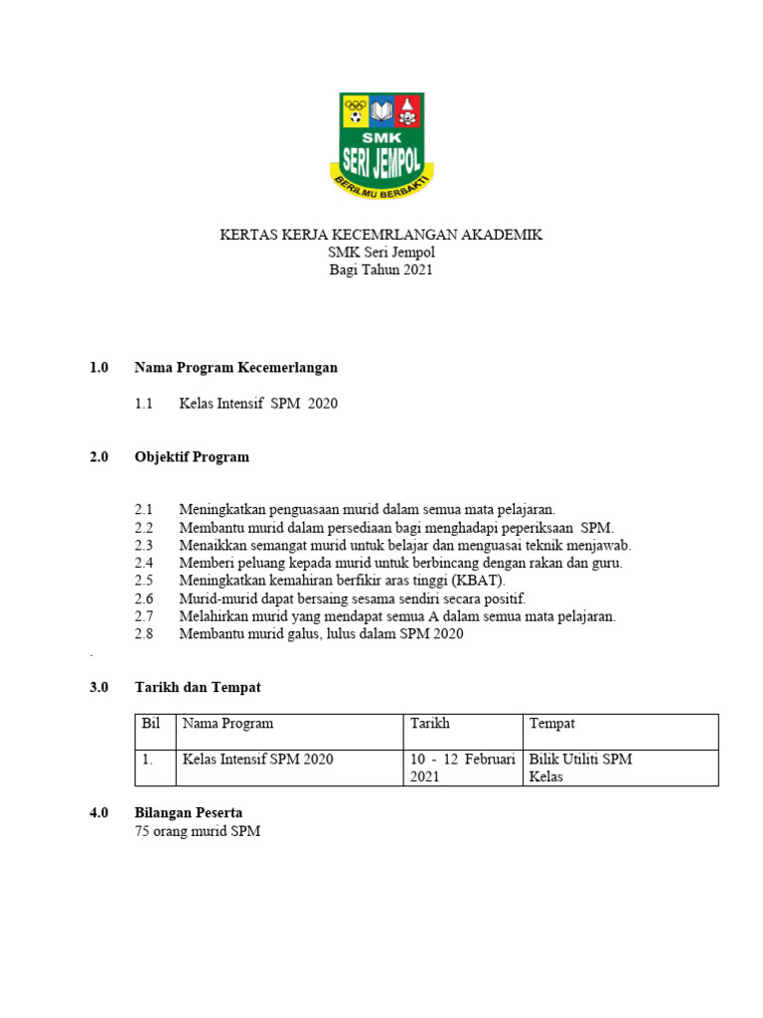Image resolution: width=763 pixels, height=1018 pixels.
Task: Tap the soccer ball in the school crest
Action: (x=354, y=117)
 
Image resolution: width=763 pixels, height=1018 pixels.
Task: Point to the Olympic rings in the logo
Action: (x=355, y=103)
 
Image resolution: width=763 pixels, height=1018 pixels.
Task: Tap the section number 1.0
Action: (x=98, y=367)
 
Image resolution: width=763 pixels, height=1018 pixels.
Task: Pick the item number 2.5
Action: (x=144, y=580)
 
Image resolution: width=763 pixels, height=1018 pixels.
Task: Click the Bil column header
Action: (x=151, y=723)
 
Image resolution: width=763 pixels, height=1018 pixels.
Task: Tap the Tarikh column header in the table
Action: (x=430, y=723)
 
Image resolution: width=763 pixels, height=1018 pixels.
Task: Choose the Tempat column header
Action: (x=551, y=723)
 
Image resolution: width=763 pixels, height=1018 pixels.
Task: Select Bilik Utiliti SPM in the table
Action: (x=580, y=759)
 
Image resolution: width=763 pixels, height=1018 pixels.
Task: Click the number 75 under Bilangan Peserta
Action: (x=142, y=831)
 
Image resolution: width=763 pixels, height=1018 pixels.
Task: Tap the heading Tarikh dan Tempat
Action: (x=198, y=687)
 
